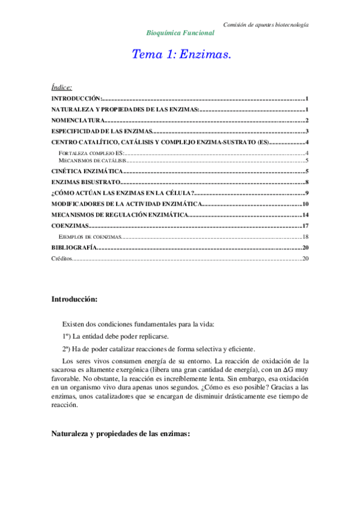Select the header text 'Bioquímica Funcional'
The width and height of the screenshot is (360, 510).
click(180, 33)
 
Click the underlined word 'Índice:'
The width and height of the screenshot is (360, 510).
click(61, 87)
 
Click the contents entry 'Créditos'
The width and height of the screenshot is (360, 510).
click(61, 259)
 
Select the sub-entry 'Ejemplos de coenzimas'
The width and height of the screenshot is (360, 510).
click(89, 237)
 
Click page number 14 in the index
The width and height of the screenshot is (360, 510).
click(305, 215)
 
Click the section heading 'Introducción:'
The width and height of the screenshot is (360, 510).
click(74, 299)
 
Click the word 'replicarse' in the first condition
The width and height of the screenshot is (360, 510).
click(154, 336)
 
